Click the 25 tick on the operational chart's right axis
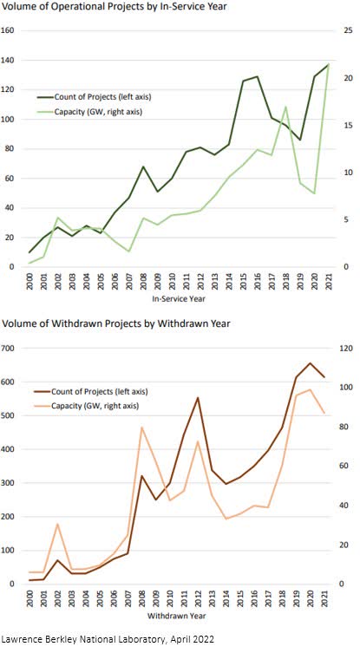click(347, 30)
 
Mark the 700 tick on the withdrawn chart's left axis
click(10, 349)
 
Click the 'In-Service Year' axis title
click(180, 299)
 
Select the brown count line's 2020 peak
click(310, 363)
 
